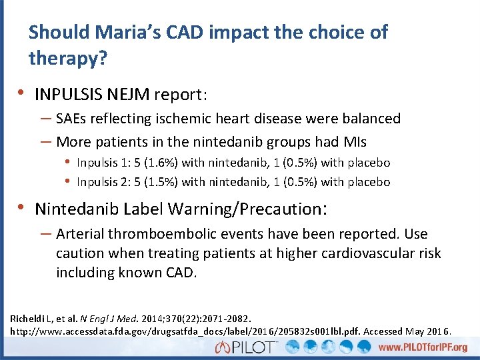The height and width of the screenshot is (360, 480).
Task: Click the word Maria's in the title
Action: click(136, 32)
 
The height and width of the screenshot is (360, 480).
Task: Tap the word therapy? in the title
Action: click(67, 59)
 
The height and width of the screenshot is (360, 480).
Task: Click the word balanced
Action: click(369, 119)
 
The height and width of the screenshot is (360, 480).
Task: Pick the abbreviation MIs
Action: click(352, 142)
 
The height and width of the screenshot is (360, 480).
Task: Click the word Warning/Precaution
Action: click(246, 209)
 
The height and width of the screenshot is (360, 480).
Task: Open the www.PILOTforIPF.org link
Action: click(423, 347)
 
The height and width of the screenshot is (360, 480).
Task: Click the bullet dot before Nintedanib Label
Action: click(23, 208)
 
